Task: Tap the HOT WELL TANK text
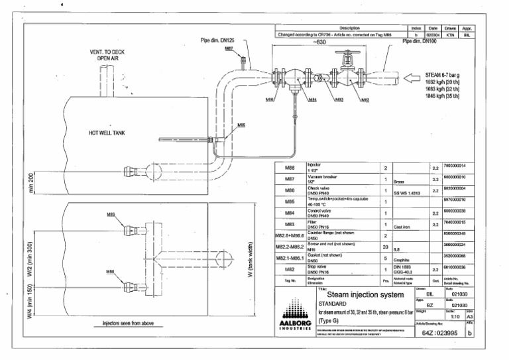(x=109, y=133)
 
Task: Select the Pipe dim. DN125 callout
(x=219, y=40)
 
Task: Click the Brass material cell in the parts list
(x=400, y=180)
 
